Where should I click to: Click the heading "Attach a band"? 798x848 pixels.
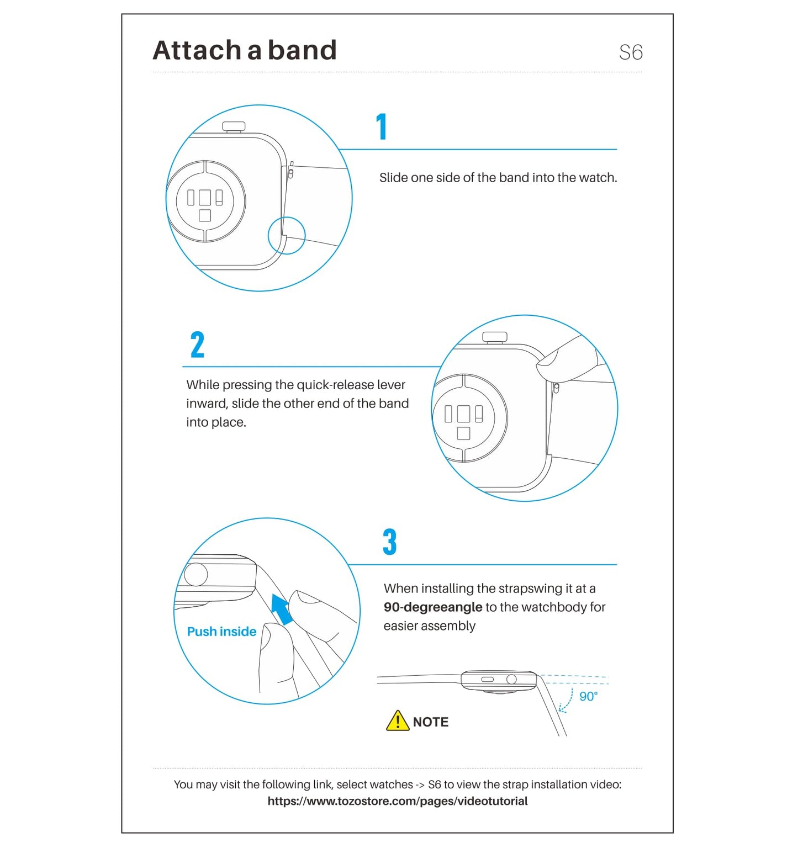245,50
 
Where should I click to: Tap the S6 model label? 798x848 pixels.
631,52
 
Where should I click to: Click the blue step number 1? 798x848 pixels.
382,126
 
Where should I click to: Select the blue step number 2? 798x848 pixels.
197,344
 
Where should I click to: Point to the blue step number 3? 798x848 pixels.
390,542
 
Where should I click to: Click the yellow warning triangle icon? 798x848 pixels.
398,720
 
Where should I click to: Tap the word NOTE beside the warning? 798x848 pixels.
431,722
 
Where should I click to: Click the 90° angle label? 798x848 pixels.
589,697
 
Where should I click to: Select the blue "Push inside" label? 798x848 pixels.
221,632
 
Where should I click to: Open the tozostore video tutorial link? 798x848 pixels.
398,801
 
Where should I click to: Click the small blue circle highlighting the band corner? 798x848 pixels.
287,236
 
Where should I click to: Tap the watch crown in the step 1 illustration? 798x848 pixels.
234,127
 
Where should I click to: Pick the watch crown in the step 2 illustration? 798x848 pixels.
495,337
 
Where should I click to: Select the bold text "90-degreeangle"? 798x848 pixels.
433,607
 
